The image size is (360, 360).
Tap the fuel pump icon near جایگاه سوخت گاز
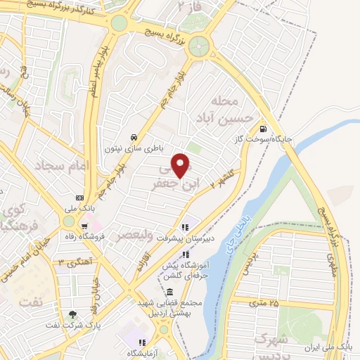tap(262, 129)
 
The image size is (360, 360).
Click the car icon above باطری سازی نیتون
tap(134, 137)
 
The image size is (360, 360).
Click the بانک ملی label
tap(79, 209)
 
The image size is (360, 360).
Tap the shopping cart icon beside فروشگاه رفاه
tap(84, 226)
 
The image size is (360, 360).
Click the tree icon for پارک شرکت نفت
tap(73, 314)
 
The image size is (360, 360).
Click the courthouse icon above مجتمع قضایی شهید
tap(169, 291)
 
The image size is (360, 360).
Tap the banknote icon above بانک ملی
tap(79, 198)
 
